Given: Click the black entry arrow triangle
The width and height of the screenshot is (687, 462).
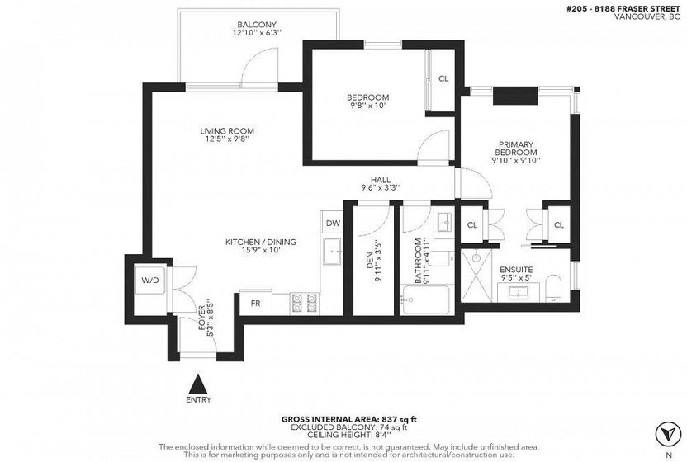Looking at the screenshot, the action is pos(200,384).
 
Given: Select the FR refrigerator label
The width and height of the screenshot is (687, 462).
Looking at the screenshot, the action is pos(255,303).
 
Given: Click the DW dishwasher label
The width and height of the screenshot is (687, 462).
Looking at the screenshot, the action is pos(333,224).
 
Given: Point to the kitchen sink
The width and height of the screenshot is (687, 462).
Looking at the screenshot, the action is pos(333,252).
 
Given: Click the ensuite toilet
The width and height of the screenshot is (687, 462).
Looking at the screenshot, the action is pos(554,289).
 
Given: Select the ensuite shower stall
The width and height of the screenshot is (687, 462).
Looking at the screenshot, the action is pos(476,276).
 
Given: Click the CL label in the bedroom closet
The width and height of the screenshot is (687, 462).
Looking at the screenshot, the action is pos(443,79).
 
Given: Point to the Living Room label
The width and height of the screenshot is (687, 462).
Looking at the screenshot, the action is pos(227,131).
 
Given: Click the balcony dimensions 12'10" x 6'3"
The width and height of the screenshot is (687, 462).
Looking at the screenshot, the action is pos(257,32).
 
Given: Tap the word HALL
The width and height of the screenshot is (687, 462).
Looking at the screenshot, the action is pos(381,180).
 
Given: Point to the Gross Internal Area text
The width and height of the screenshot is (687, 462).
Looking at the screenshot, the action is pos(348,419).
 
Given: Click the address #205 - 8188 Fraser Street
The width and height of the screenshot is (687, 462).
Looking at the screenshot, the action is pos(623,9).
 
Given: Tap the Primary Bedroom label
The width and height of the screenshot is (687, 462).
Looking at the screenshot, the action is pos(516,148).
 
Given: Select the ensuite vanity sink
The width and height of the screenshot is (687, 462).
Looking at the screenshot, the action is pos(519,292).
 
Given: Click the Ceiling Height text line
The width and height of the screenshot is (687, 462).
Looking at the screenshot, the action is pos(348,435).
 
